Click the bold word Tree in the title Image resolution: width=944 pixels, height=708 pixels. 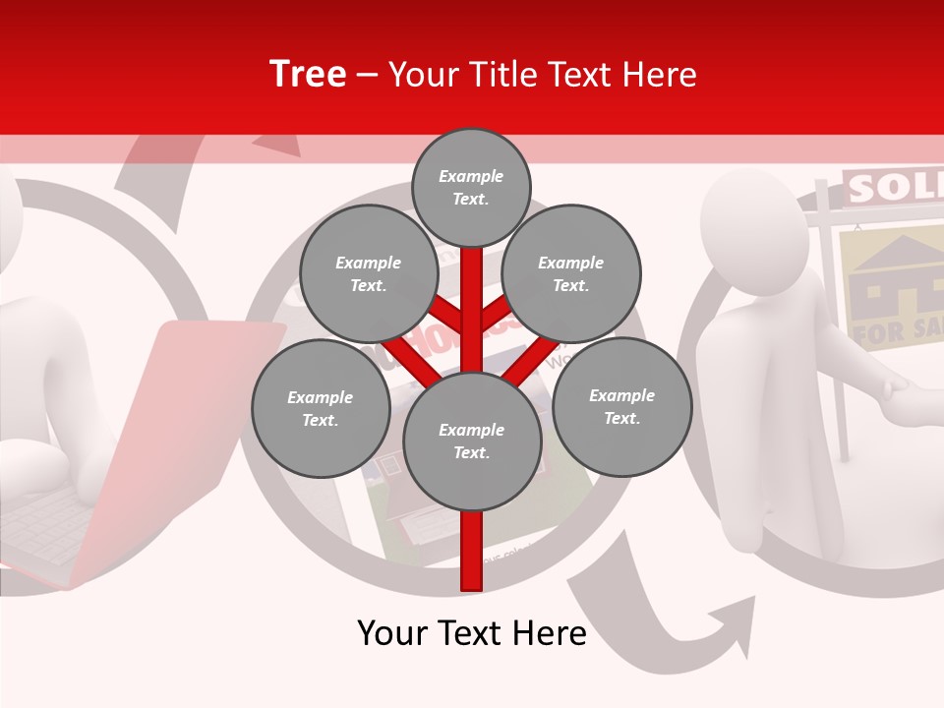pos(308,74)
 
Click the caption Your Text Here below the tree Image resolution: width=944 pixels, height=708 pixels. pos(471,633)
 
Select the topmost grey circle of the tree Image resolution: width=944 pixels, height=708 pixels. pos(471,187)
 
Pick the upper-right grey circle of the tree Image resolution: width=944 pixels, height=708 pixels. pos(570,273)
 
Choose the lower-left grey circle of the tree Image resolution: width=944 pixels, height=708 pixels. pos(320,408)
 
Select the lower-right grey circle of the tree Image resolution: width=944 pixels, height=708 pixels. pos(621,406)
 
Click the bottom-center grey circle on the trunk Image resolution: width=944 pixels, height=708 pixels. pos(471,441)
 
